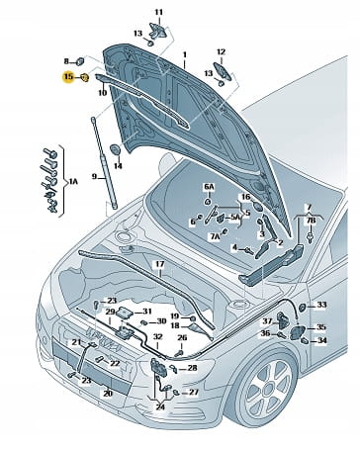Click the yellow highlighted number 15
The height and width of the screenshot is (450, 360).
(x=68, y=77)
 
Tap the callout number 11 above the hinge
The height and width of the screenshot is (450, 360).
(x=159, y=13)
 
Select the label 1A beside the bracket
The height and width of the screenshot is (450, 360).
(x=73, y=181)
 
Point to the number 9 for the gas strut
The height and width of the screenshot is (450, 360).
(x=94, y=177)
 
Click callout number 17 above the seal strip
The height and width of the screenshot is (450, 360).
(x=160, y=264)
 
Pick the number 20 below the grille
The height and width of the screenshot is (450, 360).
(x=108, y=394)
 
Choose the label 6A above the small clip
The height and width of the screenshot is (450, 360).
(x=209, y=187)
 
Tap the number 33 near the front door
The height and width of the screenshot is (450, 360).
(x=321, y=305)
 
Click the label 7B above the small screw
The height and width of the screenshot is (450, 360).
(x=311, y=221)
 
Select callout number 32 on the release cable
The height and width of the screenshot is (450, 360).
(x=158, y=337)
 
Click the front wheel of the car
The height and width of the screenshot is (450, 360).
(x=269, y=386)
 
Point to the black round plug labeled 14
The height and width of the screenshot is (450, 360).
(x=115, y=149)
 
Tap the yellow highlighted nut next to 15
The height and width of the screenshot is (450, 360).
(x=85, y=78)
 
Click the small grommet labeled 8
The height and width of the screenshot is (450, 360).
(x=80, y=61)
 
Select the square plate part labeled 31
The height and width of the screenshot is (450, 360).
(x=125, y=312)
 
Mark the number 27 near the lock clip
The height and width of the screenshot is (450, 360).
(x=194, y=393)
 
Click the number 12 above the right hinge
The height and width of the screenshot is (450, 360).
(x=221, y=52)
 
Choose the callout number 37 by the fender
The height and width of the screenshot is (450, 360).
(x=267, y=321)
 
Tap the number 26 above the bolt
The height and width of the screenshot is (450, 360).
(x=182, y=337)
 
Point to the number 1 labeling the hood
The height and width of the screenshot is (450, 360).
(x=185, y=54)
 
